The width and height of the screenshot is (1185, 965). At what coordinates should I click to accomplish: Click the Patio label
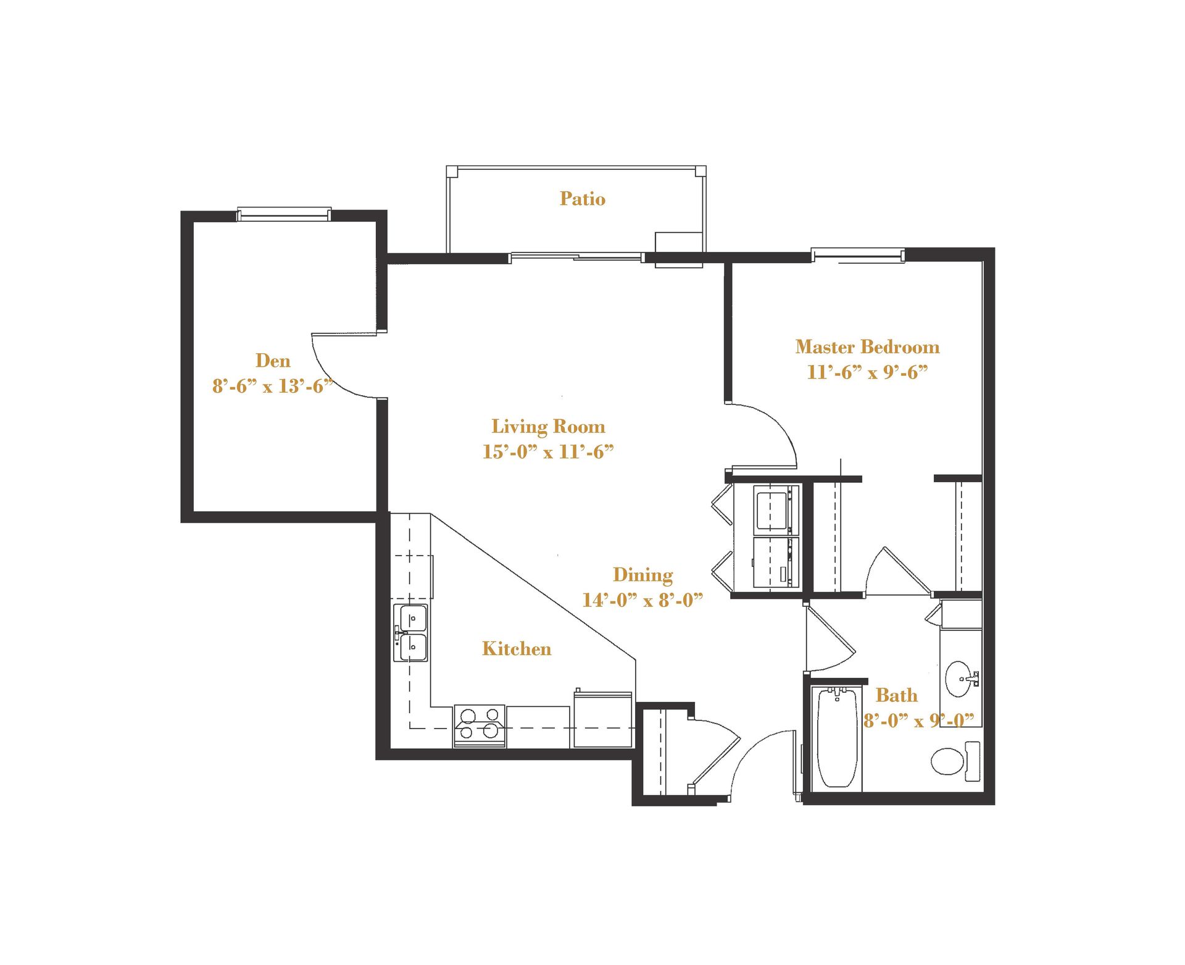click(x=582, y=199)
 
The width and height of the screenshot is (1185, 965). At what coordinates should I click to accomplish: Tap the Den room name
click(x=273, y=361)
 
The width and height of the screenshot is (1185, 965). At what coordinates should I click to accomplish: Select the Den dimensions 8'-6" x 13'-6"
click(x=273, y=386)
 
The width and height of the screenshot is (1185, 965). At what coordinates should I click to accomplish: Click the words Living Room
click(x=548, y=427)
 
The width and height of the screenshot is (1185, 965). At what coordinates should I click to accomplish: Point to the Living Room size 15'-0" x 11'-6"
click(x=548, y=452)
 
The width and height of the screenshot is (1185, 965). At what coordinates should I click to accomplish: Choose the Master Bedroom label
click(x=867, y=347)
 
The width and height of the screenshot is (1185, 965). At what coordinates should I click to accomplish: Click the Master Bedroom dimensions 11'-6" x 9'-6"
click(x=867, y=372)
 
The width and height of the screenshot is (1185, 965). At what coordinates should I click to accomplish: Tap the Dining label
click(x=642, y=575)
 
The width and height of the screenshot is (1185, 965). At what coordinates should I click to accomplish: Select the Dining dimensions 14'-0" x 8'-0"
click(x=642, y=600)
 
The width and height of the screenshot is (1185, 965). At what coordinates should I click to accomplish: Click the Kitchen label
click(x=517, y=649)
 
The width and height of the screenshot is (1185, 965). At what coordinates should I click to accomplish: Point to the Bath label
click(x=896, y=696)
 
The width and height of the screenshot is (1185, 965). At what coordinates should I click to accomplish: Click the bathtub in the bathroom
click(x=837, y=738)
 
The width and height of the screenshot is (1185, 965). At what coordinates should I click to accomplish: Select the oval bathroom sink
click(x=958, y=679)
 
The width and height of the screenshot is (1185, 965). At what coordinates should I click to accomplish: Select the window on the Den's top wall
click(x=284, y=214)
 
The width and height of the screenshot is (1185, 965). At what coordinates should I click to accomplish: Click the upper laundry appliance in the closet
click(x=775, y=510)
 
